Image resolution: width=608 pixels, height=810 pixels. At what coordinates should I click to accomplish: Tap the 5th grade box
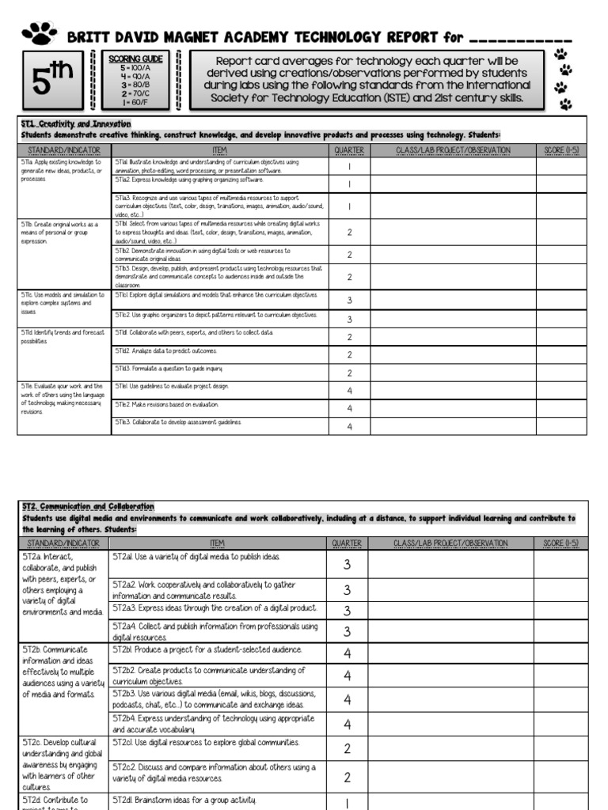[52, 80]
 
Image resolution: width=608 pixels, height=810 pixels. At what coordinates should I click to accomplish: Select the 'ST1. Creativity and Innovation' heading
[76, 124]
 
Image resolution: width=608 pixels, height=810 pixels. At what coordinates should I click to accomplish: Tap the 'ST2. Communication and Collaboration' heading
[88, 506]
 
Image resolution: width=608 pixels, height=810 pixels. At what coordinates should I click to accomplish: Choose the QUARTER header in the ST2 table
[347, 543]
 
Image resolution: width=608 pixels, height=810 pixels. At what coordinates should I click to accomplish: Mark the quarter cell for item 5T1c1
[349, 301]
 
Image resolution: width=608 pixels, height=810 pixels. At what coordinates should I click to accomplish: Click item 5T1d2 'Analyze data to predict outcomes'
[165, 350]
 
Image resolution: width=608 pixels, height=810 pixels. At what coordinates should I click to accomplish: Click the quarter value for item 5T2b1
[347, 653]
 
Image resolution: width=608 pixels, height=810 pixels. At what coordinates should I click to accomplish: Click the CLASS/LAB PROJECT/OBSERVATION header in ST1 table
[453, 150]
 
